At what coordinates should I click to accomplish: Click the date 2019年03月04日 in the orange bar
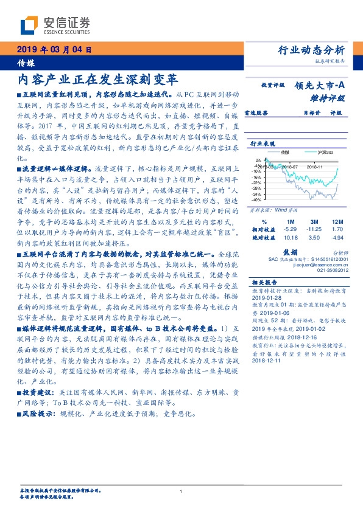pos(55,50)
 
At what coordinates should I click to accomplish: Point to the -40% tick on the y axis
pos(258,199)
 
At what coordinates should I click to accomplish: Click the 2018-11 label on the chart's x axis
pos(314,165)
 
